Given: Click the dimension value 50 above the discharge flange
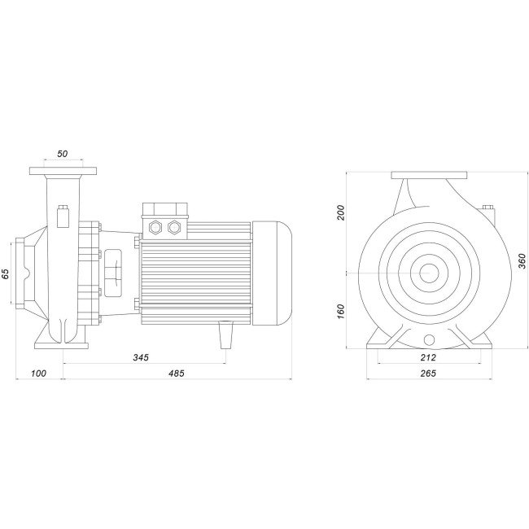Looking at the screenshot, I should tap(63, 153).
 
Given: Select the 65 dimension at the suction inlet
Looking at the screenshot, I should tap(7, 273).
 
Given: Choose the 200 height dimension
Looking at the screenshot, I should tap(342, 213).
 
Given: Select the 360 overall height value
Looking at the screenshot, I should tap(521, 260).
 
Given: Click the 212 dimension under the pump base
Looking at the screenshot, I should tap(429, 357).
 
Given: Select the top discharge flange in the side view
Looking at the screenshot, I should tap(63, 172).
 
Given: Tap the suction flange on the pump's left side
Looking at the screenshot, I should tap(19, 273).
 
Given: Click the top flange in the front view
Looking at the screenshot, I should tap(429, 175).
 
